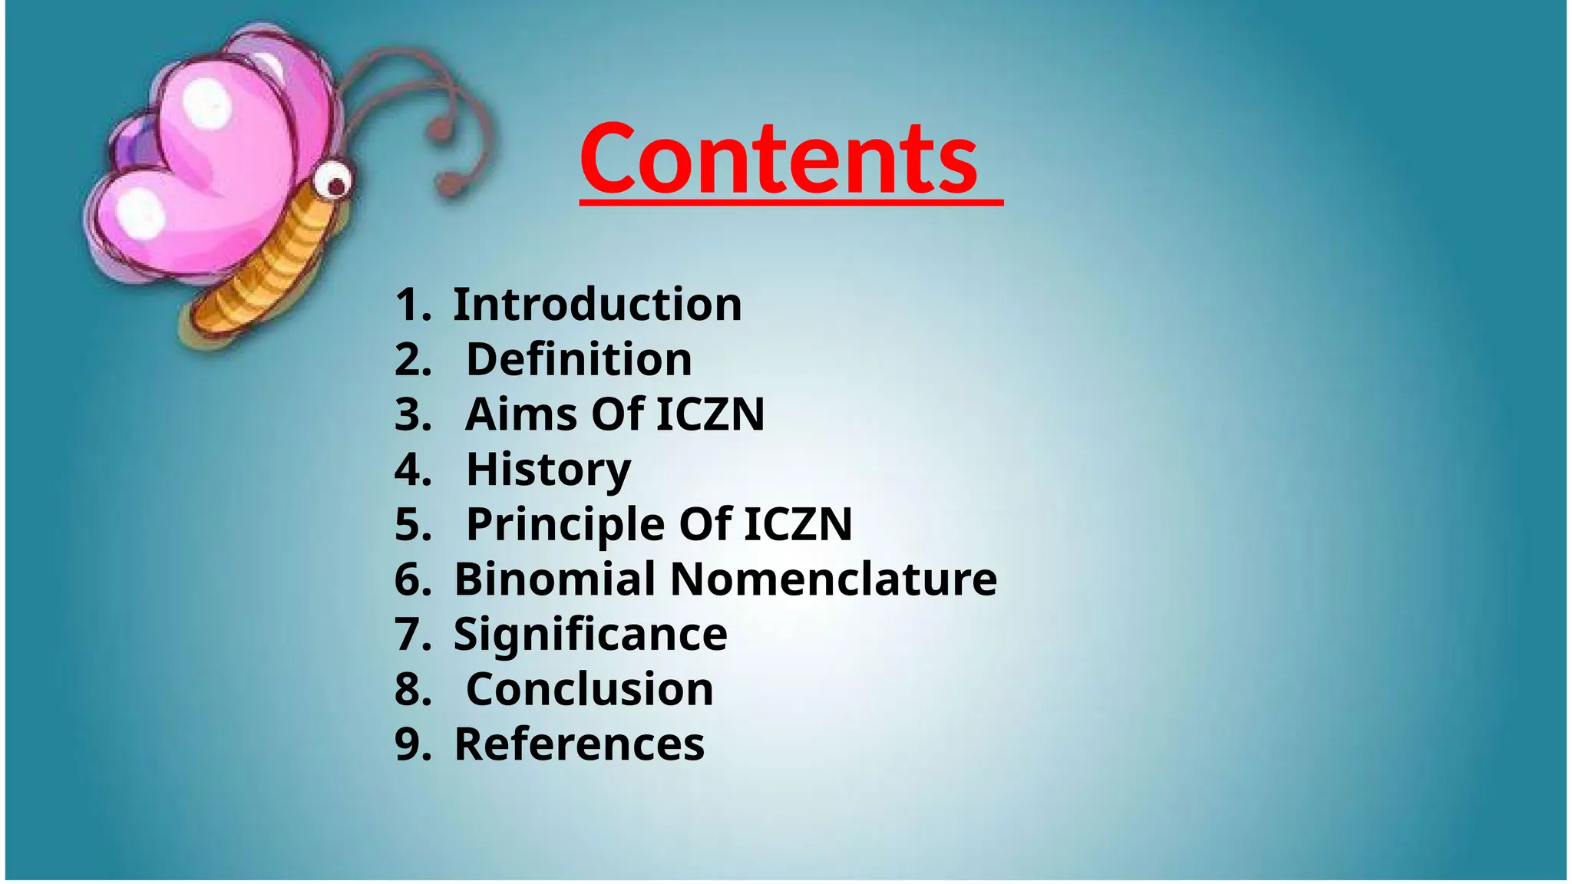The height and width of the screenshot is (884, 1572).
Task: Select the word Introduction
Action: pos(597,305)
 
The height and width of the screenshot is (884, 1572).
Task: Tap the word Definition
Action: pos(579,360)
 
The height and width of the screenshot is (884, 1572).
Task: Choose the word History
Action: pos(548,470)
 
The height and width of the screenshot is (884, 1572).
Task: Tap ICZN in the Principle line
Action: pos(798,525)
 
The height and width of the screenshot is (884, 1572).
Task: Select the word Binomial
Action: pos(554,579)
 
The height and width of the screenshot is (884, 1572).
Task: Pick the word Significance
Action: pos(590,635)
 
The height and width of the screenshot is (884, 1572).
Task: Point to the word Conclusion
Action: pos(589,689)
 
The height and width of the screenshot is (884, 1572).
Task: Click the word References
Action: pos(579,744)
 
